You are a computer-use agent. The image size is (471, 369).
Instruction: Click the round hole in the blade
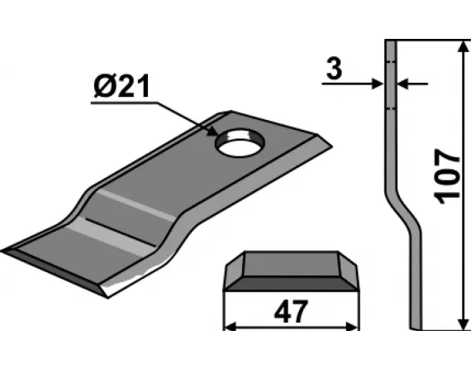click(x=238, y=144)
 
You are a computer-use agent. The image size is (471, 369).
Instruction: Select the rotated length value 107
click(x=445, y=176)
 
